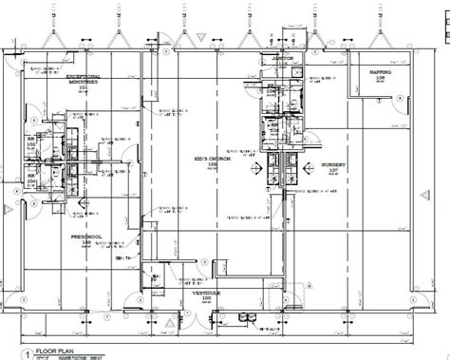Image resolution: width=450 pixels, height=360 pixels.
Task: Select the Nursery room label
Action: (x=332, y=163)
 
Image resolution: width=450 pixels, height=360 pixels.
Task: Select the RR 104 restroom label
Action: (x=30, y=176)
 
